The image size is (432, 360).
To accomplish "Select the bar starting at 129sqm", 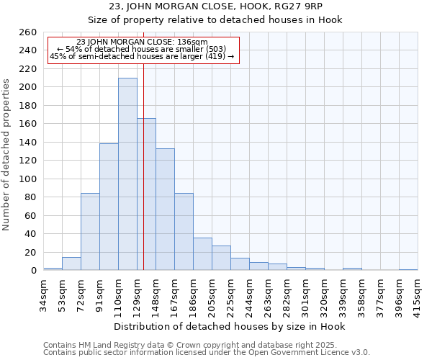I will (146, 194).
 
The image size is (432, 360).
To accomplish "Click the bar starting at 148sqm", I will (165, 210).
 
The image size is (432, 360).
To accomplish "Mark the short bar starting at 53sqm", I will (71, 264).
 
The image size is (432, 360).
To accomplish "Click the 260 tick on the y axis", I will (28, 32).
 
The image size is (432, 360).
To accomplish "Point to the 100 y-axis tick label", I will (28, 179).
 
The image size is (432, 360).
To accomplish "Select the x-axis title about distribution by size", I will (230, 326).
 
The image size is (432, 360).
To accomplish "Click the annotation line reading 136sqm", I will (142, 42).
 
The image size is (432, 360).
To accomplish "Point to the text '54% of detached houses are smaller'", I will (142, 49).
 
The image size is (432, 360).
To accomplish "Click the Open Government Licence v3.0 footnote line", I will (207, 352).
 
